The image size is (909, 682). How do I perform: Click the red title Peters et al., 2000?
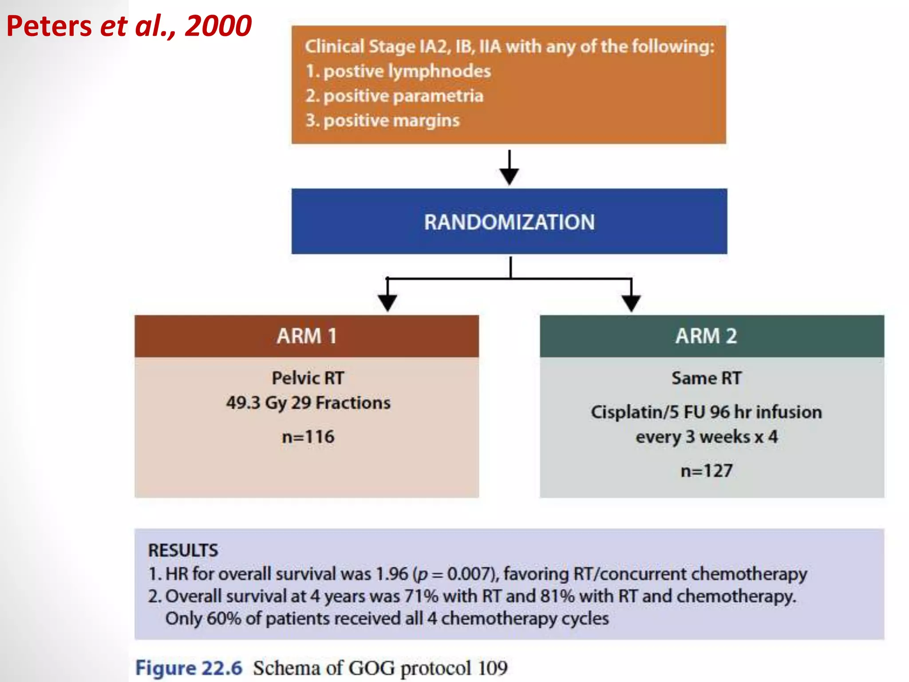coord(129,26)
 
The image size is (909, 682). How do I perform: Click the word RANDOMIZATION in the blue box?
coord(509,222)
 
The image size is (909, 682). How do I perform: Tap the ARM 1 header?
coord(307,336)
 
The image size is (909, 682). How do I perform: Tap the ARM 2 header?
coord(706,336)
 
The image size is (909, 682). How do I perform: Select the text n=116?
coord(308,437)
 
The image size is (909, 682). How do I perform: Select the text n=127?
coord(707,471)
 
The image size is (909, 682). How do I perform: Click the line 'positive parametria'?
coord(394,96)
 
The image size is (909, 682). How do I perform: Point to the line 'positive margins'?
coord(383,121)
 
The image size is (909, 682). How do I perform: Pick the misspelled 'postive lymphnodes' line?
coord(398,71)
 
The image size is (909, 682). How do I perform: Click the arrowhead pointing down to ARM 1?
coord(387,303)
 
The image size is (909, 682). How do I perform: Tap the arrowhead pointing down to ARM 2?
coord(631,303)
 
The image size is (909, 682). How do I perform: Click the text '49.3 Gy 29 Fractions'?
coord(308,403)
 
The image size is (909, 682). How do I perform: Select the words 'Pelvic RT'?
coord(308,378)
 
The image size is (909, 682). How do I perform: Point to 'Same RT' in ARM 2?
coord(706,378)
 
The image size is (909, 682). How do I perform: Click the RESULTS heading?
coord(183,551)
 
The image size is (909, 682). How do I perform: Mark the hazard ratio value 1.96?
coord(391,574)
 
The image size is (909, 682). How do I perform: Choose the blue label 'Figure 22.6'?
coord(189,668)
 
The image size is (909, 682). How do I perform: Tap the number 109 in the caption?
coord(493,668)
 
